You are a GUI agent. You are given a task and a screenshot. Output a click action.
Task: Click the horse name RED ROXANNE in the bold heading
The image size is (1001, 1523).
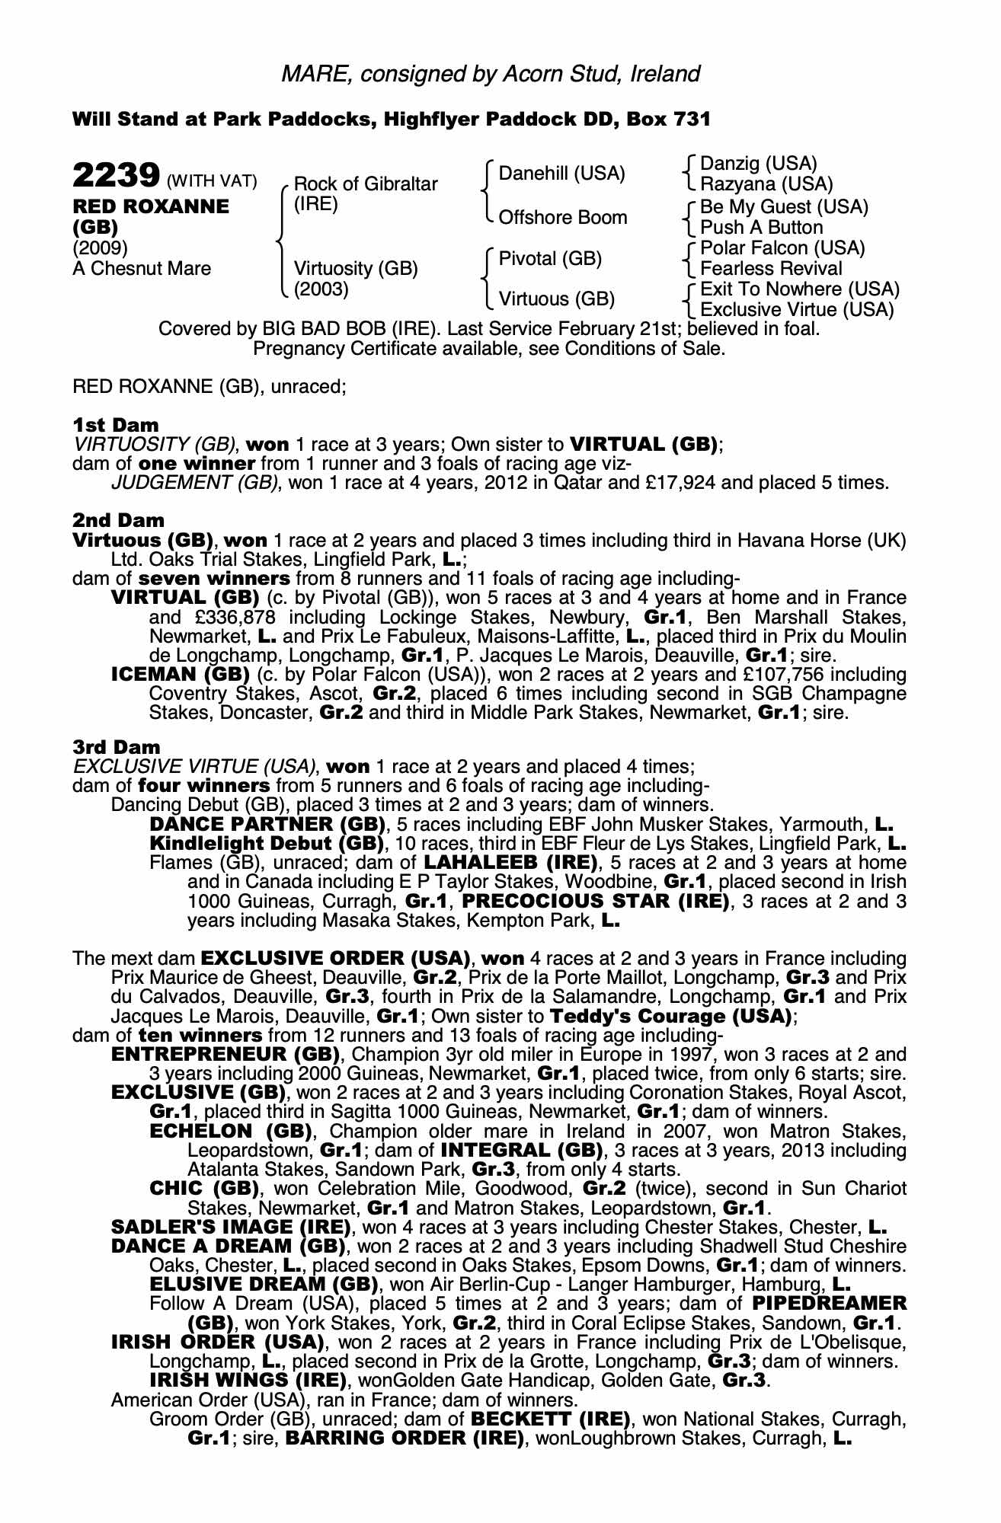pyautogui.click(x=151, y=206)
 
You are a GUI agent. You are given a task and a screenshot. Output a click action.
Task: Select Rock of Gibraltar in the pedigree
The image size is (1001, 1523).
pyautogui.click(x=366, y=184)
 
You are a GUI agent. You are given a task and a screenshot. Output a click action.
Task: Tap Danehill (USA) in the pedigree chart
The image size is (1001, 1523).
pyautogui.click(x=561, y=174)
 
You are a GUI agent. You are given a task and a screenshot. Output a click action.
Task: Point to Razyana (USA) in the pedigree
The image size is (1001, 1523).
pyautogui.click(x=766, y=184)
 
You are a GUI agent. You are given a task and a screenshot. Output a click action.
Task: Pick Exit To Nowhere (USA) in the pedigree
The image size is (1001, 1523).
pyautogui.click(x=800, y=289)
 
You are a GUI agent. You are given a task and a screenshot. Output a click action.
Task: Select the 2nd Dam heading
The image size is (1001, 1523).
pyautogui.click(x=118, y=520)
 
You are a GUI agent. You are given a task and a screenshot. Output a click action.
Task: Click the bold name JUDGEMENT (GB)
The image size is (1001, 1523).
pyautogui.click(x=194, y=483)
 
